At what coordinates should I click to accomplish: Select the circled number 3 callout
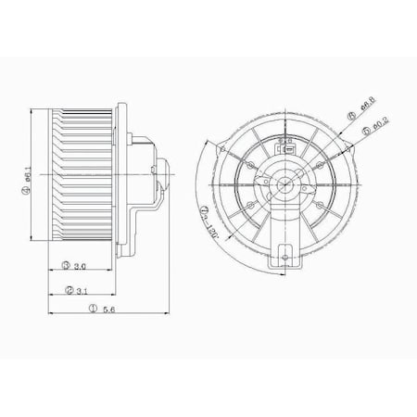67,266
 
